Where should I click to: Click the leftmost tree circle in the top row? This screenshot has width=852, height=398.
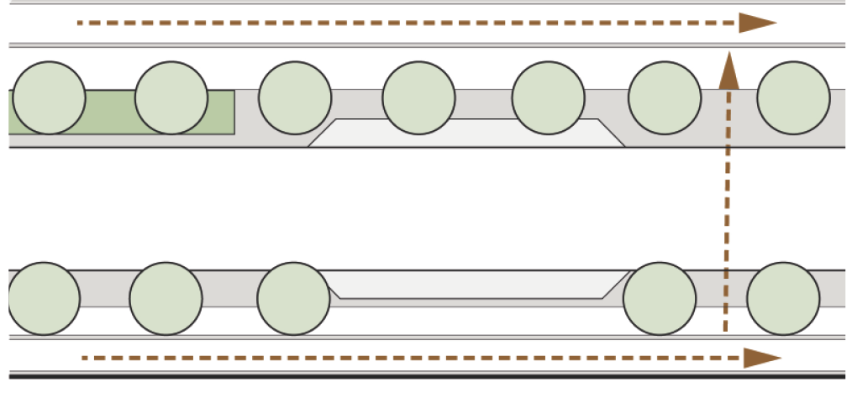click(49, 97)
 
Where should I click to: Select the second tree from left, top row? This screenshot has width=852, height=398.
click(171, 97)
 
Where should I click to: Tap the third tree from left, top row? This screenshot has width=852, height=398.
click(294, 97)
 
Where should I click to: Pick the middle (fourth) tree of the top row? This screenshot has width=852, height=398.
click(418, 97)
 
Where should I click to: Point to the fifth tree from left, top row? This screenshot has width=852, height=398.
click(548, 97)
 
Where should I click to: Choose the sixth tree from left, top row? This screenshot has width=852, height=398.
click(665, 97)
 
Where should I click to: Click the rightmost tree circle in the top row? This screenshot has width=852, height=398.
click(793, 97)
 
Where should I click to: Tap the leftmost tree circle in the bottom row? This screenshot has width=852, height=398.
click(44, 298)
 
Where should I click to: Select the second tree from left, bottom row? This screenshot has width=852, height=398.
click(166, 298)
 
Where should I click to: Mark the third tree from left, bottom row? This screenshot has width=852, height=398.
click(293, 298)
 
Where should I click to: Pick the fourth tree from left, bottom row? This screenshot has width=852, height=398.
click(660, 298)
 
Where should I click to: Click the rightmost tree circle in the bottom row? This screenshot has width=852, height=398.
click(783, 298)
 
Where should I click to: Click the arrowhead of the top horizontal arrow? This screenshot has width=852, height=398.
click(756, 23)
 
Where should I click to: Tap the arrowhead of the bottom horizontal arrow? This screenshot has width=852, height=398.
click(761, 359)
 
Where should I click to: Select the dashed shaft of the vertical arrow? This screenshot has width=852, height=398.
click(726, 210)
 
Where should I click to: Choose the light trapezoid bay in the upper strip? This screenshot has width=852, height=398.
click(466, 134)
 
